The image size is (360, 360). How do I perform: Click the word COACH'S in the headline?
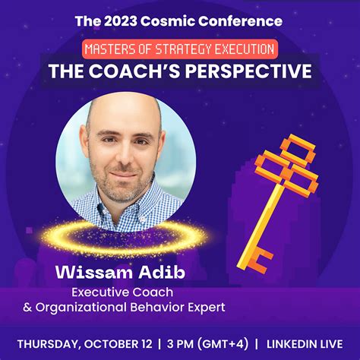pos(144,71)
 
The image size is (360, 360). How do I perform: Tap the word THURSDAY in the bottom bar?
pos(54,341)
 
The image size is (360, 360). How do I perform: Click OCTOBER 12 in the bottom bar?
pos(126,341)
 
